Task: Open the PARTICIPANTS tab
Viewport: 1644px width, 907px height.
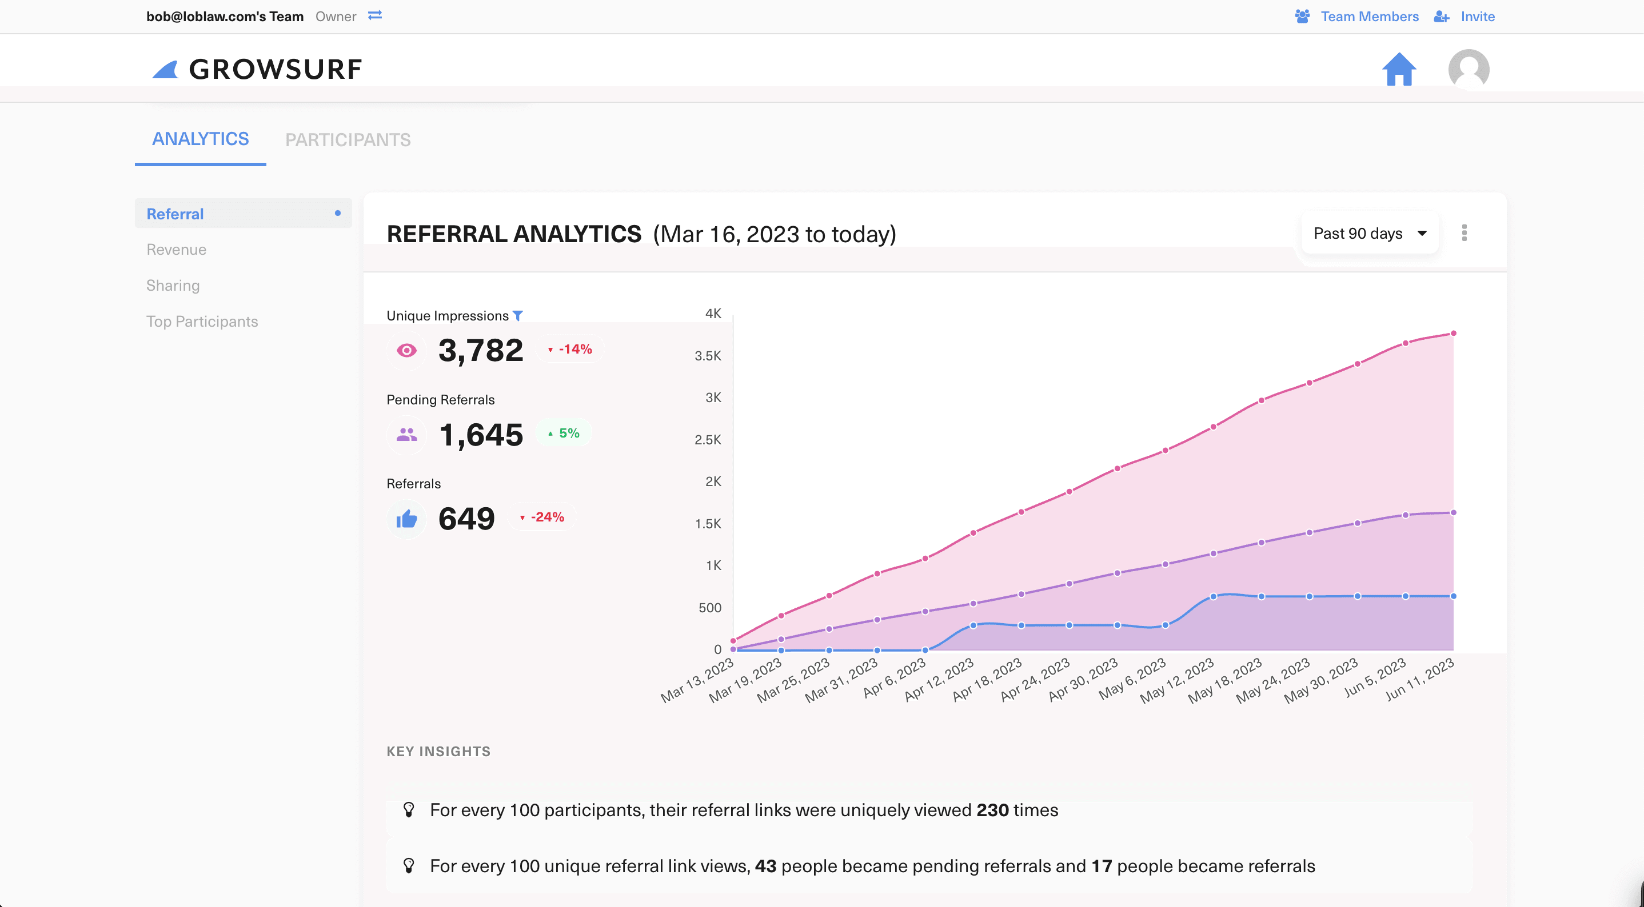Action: pyautogui.click(x=348, y=140)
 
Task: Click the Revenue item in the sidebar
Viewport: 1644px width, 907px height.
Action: pyautogui.click(x=176, y=250)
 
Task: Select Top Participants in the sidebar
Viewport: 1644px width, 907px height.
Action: pyautogui.click(x=202, y=322)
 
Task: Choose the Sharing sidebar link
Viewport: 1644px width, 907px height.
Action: pyautogui.click(x=173, y=285)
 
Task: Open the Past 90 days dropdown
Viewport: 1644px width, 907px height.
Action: pyautogui.click(x=1369, y=234)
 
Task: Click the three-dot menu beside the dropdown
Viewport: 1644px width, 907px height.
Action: pyautogui.click(x=1464, y=233)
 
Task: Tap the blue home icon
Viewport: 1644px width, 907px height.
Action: pyautogui.click(x=1398, y=69)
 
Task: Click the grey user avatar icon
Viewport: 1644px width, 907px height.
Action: pyautogui.click(x=1469, y=69)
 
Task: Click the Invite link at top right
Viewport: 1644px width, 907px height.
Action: pyautogui.click(x=1477, y=17)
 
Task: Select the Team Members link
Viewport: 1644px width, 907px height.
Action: pyautogui.click(x=1369, y=17)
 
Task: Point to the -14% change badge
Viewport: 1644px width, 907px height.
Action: pyautogui.click(x=570, y=349)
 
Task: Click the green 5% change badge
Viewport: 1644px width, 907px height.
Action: pyautogui.click(x=564, y=433)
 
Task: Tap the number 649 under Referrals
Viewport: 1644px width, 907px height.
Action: pyautogui.click(x=466, y=518)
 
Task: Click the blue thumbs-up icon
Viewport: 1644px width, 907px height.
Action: pyautogui.click(x=406, y=519)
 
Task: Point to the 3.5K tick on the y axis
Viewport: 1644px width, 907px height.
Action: pyautogui.click(x=708, y=356)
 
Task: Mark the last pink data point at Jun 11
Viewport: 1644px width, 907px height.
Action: pyautogui.click(x=1453, y=333)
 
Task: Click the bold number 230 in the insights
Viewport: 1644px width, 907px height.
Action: pyautogui.click(x=992, y=810)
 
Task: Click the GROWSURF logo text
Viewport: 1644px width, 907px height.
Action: pyautogui.click(x=275, y=69)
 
